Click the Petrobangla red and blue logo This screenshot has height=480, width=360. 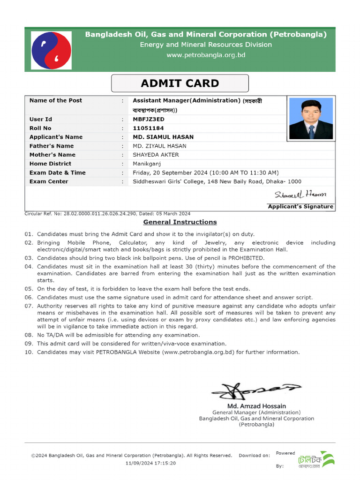pyautogui.click(x=52, y=51)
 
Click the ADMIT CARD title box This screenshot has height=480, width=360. pyautogui.click(x=180, y=83)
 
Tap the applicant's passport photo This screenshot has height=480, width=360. pyautogui.click(x=311, y=118)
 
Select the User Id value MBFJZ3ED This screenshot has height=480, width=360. pyautogui.click(x=149, y=119)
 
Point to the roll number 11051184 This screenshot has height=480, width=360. pyautogui.click(x=148, y=128)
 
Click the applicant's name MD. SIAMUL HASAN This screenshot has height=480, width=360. pyautogui.click(x=163, y=137)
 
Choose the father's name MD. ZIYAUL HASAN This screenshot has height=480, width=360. pyautogui.click(x=159, y=146)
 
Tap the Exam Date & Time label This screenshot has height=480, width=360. pyautogui.click(x=57, y=172)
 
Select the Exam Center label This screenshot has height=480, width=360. pyautogui.click(x=49, y=181)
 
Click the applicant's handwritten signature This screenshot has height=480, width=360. pyautogui.click(x=300, y=194)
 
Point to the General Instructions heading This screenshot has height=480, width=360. pyautogui.click(x=180, y=222)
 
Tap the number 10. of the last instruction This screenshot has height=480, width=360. pyautogui.click(x=29, y=352)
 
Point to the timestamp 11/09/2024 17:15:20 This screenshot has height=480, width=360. pyautogui.click(x=151, y=463)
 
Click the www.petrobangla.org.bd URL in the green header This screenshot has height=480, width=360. pyautogui.click(x=206, y=55)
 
